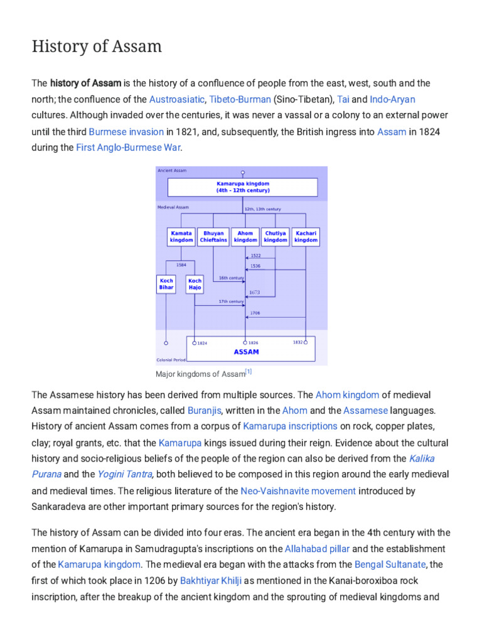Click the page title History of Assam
point(97,46)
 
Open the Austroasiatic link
point(176,99)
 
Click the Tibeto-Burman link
point(240,99)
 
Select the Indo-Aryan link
point(392,99)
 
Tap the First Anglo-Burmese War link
point(128,148)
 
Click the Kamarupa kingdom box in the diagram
point(242,187)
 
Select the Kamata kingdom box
point(181,237)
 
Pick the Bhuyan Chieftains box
point(213,237)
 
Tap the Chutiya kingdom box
point(276,237)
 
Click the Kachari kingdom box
point(306,237)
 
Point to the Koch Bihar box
point(166,284)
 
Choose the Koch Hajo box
point(195,284)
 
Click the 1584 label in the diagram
point(181,265)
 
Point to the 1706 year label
point(255,313)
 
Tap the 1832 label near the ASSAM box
point(297,342)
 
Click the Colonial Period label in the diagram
point(170,360)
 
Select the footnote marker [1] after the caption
point(249,372)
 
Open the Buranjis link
point(204,410)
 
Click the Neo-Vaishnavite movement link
point(298,491)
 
